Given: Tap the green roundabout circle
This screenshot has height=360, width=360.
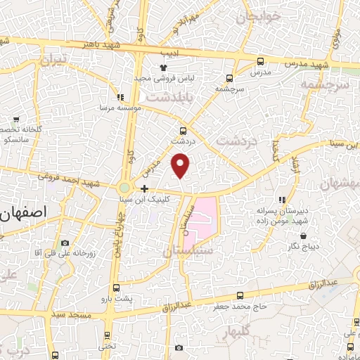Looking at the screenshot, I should (x=124, y=188).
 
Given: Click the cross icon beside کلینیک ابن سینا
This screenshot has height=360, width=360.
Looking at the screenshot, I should (x=144, y=188).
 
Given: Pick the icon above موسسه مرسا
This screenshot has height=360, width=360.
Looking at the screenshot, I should (x=120, y=97).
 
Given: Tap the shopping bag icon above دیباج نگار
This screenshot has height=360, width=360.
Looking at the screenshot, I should (x=305, y=236).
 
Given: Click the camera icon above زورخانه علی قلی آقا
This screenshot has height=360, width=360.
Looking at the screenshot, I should (x=65, y=243).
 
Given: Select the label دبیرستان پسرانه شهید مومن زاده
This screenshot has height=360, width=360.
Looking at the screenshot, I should (x=282, y=215).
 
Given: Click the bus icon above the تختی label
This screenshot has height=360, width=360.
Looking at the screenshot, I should (x=107, y=335).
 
